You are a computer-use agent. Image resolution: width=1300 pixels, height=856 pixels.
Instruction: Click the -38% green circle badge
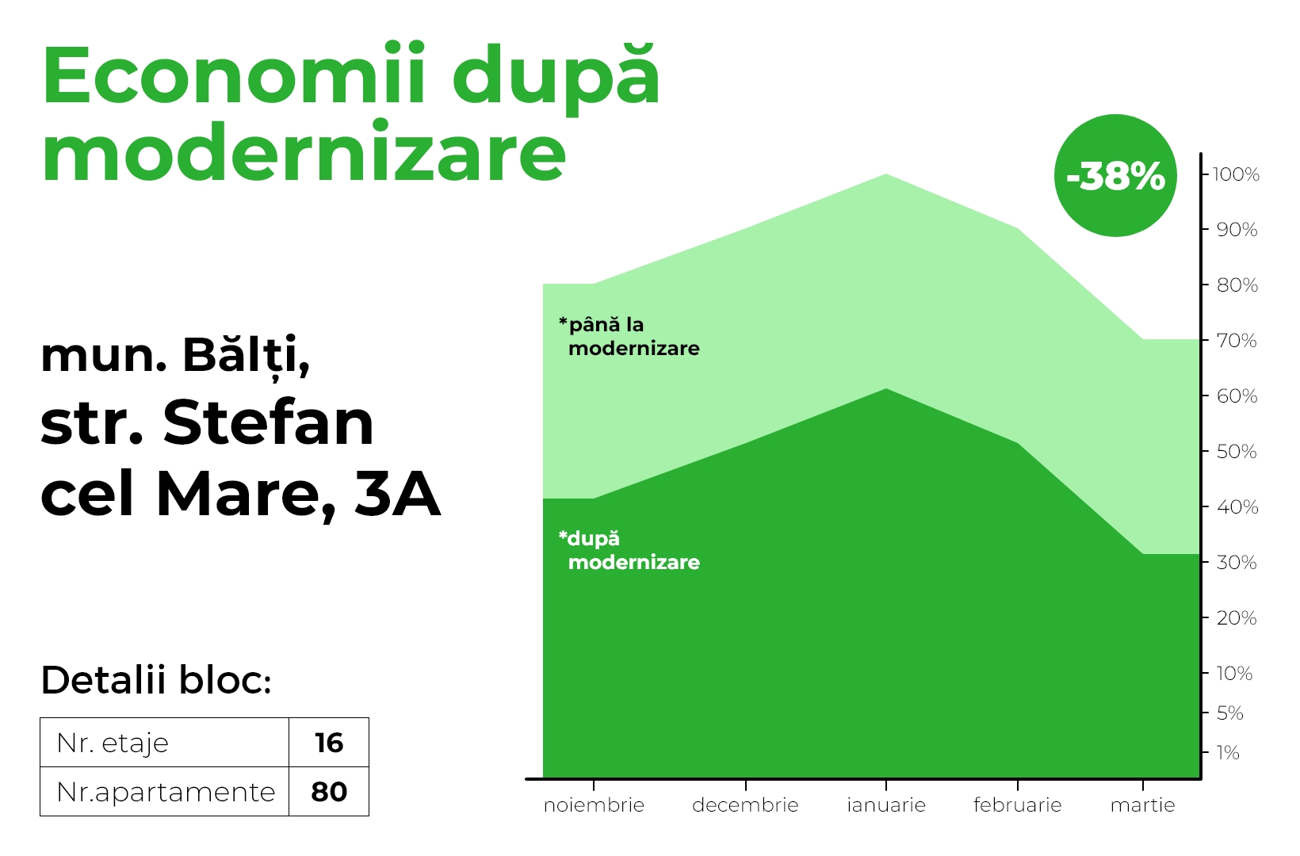coord(1115,175)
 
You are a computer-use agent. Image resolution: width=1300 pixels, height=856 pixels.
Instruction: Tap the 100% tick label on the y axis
coord(1236,174)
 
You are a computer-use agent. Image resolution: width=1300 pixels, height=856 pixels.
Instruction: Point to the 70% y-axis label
coord(1237,341)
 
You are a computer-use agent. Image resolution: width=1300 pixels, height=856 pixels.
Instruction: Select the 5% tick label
coord(1229,713)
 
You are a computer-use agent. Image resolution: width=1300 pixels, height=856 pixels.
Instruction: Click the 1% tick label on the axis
coord(1228,753)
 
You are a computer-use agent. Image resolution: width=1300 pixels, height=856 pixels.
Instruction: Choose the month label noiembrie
coord(594,805)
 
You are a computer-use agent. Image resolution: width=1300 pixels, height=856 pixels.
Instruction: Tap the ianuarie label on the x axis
coord(886,805)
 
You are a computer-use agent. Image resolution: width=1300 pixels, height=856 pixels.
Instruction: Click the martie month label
coord(1142,805)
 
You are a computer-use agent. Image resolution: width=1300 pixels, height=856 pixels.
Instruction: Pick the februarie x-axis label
coord(1017,805)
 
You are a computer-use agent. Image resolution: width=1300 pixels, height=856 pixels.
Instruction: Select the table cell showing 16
coord(329,743)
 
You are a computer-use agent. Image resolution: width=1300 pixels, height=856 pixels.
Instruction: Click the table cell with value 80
coord(329,792)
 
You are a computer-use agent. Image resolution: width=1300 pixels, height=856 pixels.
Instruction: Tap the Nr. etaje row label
coord(113,743)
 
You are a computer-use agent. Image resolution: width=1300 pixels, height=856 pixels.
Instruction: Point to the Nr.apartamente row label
coord(166,792)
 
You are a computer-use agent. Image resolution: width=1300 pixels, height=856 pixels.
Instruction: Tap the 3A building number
coord(398,493)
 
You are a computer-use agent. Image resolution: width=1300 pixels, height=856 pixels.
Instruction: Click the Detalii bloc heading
coord(156,679)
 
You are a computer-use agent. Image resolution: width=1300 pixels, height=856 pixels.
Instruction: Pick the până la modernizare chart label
coord(629,337)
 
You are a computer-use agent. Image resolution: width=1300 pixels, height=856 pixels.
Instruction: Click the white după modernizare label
coord(629,550)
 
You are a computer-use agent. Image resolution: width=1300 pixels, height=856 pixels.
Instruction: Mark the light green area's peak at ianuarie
coord(886,174)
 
